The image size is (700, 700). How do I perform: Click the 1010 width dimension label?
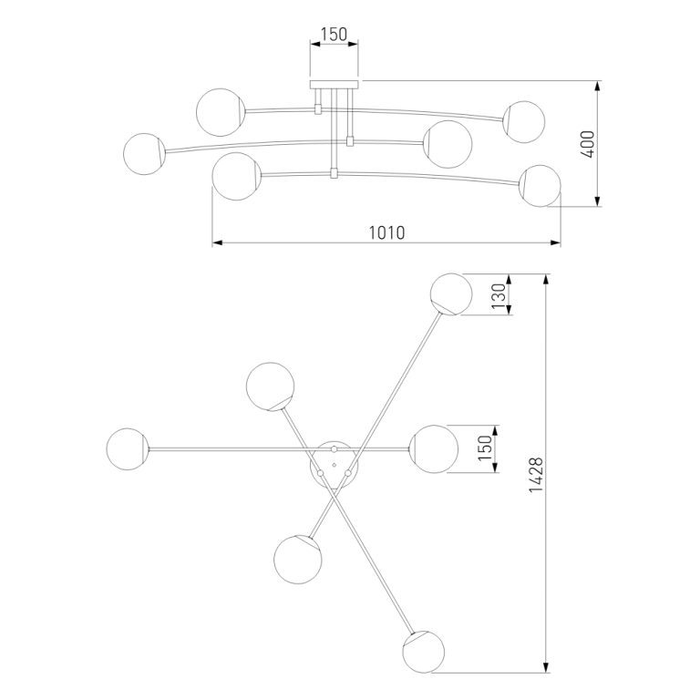[387, 232]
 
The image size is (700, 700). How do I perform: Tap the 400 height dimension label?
[589, 144]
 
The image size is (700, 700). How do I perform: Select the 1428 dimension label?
[536, 474]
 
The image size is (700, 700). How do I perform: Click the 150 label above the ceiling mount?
[334, 34]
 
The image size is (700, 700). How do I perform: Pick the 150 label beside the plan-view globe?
[485, 448]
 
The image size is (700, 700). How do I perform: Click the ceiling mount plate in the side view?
[335, 85]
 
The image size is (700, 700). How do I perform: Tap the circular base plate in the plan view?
[334, 465]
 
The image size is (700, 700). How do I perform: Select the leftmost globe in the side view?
[144, 153]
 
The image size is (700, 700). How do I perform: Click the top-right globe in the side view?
[524, 122]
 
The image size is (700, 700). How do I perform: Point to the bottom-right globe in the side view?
[540, 186]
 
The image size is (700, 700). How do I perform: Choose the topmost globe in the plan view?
[451, 294]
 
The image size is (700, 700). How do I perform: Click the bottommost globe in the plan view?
[423, 652]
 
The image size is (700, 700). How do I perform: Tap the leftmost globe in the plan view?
[128, 449]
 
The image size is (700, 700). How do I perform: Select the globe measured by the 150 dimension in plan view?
[434, 448]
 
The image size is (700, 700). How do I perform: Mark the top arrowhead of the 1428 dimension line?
[546, 280]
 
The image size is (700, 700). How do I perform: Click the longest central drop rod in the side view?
[334, 133]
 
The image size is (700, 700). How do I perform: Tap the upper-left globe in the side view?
[221, 112]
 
